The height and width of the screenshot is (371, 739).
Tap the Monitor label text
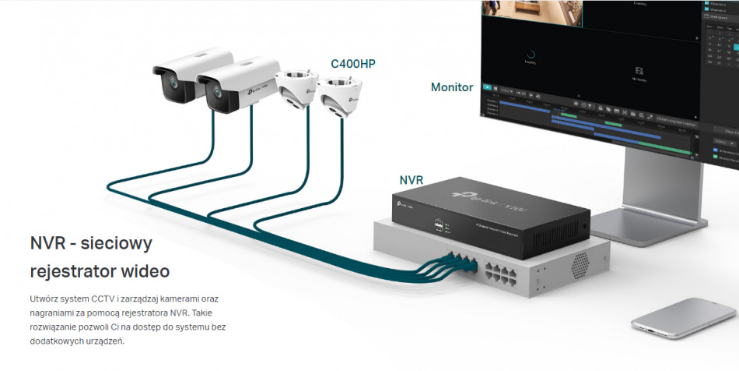pos(452,87)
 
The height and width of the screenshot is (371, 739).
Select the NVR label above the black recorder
pos(411,180)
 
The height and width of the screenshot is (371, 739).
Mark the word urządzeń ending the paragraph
pos(104,341)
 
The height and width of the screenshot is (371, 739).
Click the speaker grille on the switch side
pos(580,266)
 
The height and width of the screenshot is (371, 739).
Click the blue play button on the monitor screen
pos(487,88)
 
